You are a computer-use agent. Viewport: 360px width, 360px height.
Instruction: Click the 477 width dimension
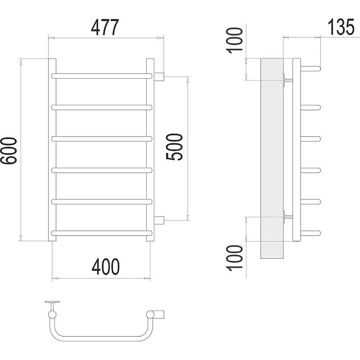tap(105, 27)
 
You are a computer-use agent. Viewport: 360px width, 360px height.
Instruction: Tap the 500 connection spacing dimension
tap(174, 147)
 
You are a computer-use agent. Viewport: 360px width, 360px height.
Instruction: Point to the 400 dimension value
tap(106, 266)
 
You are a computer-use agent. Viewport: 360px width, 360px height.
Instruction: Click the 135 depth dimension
tap(341, 27)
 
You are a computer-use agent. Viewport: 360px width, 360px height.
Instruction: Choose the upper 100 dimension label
tap(234, 40)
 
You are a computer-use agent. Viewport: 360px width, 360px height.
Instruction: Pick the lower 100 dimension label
tap(234, 258)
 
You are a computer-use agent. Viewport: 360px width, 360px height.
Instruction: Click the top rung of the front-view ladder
tap(102, 76)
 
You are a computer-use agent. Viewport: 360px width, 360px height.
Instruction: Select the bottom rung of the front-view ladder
tap(102, 233)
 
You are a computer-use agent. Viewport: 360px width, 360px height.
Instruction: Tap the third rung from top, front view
tap(102, 139)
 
